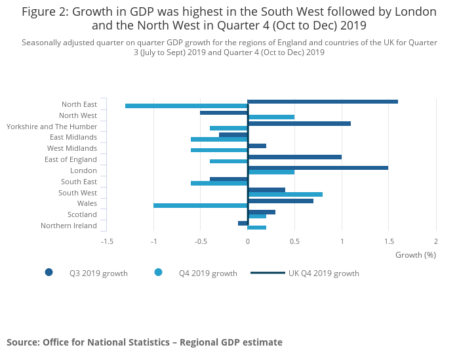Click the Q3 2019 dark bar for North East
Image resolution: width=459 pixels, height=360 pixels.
pos(323,102)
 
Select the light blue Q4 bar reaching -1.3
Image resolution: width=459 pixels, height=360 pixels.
pos(186,106)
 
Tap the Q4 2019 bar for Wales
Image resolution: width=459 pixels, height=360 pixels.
pos(201,205)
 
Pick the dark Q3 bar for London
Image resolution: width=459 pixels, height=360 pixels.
pos(318,168)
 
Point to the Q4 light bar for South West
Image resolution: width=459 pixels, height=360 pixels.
pos(285,194)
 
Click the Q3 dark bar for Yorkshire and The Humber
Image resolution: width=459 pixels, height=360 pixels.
pos(299,123)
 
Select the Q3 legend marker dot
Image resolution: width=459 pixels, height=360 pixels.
pos(49,273)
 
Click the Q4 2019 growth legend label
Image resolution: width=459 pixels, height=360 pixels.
pos(208,273)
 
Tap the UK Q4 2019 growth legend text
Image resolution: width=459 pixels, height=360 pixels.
pos(324,273)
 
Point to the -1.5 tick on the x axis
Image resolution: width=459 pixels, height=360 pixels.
pos(106,241)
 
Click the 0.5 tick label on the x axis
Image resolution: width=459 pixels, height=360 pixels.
pos(294,241)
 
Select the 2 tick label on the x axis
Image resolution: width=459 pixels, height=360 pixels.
pos(435,241)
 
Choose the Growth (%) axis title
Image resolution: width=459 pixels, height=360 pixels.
pos(416,255)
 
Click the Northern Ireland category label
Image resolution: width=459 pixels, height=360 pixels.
pos(69,226)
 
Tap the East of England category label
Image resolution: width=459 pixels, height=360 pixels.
pos(71,160)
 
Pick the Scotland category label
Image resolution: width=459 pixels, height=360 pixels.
pos(82,215)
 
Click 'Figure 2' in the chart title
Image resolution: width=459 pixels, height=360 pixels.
pos(46,12)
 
